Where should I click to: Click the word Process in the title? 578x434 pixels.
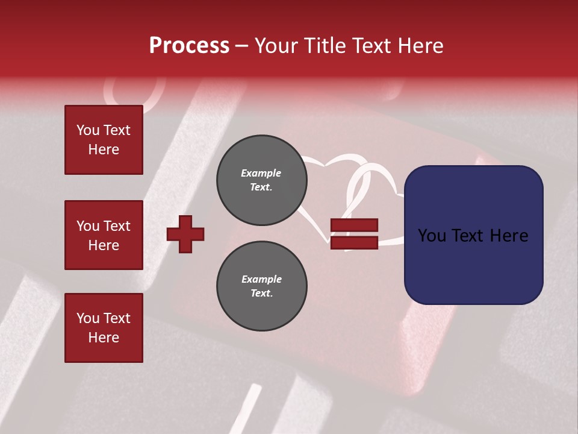pyautogui.click(x=189, y=46)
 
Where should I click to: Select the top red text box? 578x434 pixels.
pyautogui.click(x=104, y=140)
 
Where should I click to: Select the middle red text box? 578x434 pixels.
pyautogui.click(x=104, y=235)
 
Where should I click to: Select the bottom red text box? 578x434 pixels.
pyautogui.click(x=104, y=328)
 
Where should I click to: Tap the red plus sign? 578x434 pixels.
pyautogui.click(x=185, y=234)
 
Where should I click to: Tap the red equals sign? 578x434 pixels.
pyautogui.click(x=355, y=234)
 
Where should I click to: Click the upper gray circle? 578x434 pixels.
pyautogui.click(x=262, y=180)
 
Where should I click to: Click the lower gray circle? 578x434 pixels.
pyautogui.click(x=262, y=286)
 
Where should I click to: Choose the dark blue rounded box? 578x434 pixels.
pyautogui.click(x=473, y=235)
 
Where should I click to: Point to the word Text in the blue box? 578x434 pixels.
pyautogui.click(x=473, y=236)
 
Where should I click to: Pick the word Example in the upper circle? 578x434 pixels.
pyautogui.click(x=261, y=173)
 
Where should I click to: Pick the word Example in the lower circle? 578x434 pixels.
pyautogui.click(x=261, y=279)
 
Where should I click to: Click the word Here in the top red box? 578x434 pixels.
pyautogui.click(x=104, y=149)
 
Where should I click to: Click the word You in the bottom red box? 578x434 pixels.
pyautogui.click(x=88, y=318)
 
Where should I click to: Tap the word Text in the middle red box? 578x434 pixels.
pyautogui.click(x=117, y=226)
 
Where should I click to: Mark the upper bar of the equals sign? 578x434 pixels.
pyautogui.click(x=355, y=225)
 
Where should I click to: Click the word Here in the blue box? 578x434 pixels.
pyautogui.click(x=509, y=236)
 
